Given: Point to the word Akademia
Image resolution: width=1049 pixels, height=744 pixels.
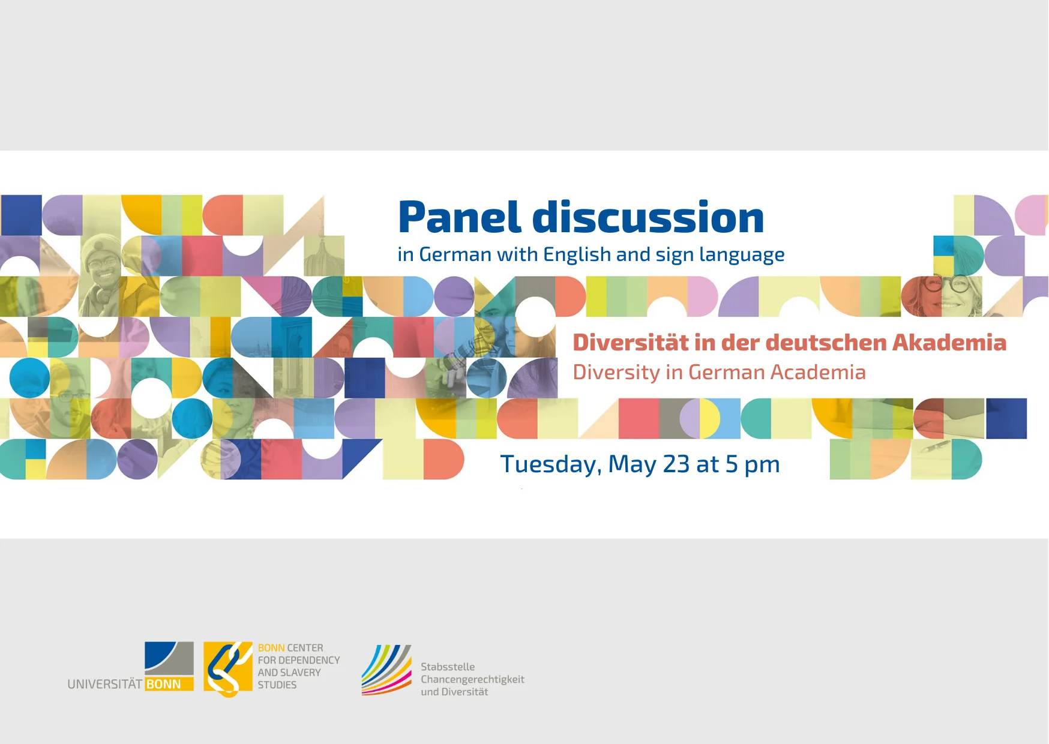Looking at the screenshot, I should [x=949, y=343].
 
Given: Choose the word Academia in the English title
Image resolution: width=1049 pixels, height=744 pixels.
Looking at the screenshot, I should [x=818, y=373].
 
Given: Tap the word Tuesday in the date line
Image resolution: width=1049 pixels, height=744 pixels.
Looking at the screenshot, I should [x=550, y=465].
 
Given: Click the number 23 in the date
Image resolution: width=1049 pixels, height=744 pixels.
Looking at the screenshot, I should [x=676, y=464].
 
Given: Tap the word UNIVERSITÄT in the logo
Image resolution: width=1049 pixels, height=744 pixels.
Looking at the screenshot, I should [x=105, y=685].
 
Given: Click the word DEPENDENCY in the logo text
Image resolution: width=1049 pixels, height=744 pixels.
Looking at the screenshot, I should [x=309, y=660].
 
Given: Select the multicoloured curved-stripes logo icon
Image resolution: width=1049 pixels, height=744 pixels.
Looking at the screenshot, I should [x=386, y=670].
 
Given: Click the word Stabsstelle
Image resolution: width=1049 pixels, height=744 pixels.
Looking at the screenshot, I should [x=448, y=667].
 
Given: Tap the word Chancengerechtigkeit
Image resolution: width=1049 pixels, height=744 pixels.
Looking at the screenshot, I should [x=472, y=679].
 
